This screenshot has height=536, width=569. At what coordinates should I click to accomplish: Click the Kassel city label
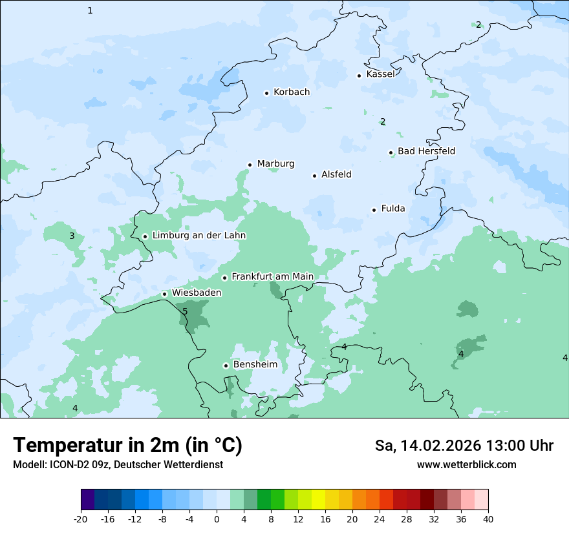380,74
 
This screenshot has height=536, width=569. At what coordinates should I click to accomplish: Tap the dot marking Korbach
266,93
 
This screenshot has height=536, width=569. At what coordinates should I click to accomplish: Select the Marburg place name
275,164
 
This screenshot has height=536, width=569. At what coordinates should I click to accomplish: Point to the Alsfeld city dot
315,176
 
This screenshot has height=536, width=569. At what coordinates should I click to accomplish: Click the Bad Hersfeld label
426,151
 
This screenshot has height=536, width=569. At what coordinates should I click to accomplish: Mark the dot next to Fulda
374,210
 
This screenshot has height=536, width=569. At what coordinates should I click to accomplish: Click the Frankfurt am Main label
272,276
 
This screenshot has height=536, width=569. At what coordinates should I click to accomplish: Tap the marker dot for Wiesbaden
165,294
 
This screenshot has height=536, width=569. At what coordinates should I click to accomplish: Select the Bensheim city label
255,365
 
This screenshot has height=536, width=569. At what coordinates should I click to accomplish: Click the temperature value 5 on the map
185,312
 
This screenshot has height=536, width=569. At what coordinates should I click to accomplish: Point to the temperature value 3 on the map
72,236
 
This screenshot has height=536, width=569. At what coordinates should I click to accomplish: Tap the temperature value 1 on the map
90,10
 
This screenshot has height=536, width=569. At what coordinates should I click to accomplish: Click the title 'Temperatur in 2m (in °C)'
127,446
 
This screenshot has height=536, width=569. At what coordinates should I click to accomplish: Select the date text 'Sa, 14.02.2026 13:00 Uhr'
464,446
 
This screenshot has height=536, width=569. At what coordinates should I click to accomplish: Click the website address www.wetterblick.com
466,465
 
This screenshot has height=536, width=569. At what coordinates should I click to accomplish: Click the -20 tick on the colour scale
81,519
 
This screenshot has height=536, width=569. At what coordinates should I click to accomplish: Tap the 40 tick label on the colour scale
488,519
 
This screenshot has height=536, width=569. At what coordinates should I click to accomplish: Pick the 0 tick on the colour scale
217,519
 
